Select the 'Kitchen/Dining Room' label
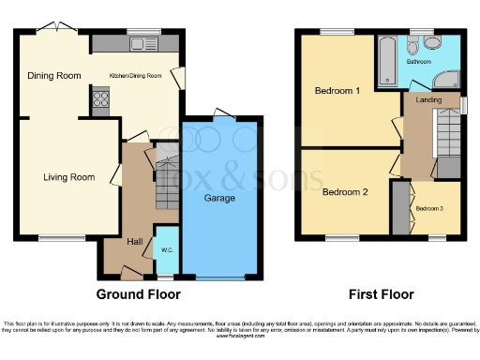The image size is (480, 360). click(137, 75)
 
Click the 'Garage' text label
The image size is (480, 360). click(219, 199)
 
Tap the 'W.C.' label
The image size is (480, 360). click(167, 249)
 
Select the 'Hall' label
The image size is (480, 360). click(135, 242)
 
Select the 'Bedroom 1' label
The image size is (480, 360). click(337, 92)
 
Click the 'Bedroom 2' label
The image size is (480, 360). click(344, 192)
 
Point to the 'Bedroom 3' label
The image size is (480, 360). click(429, 207)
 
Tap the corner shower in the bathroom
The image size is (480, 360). click(447, 80)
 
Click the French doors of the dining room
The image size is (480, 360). click(62, 28)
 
